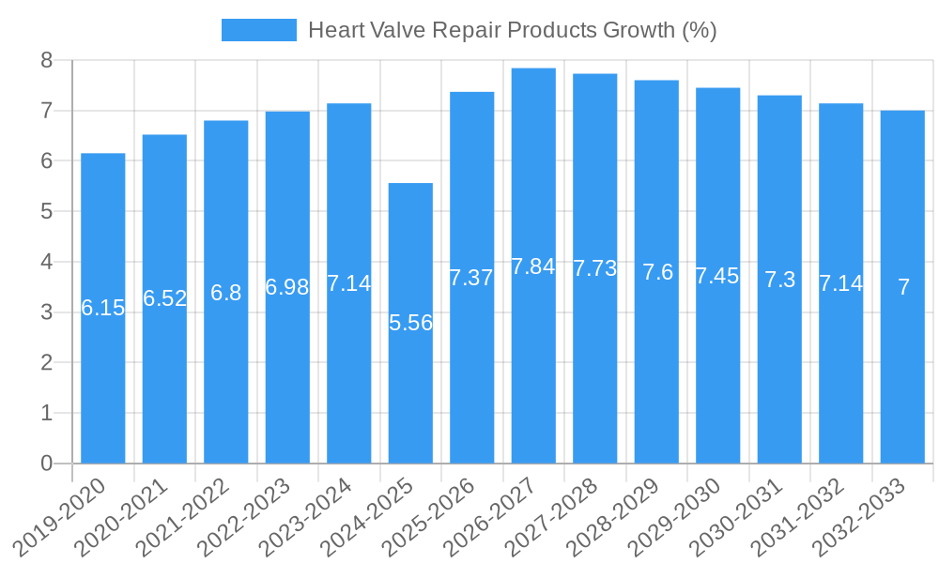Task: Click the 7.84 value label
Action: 533,266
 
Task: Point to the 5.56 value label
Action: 410,323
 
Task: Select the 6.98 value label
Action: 287,287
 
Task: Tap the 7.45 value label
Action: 717,276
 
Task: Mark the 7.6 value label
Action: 656,272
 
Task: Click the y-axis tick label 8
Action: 47,61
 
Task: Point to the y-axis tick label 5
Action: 47,212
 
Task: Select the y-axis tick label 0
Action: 47,464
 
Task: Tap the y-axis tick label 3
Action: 47,312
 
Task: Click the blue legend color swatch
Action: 259,30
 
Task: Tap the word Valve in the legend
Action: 395,30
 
